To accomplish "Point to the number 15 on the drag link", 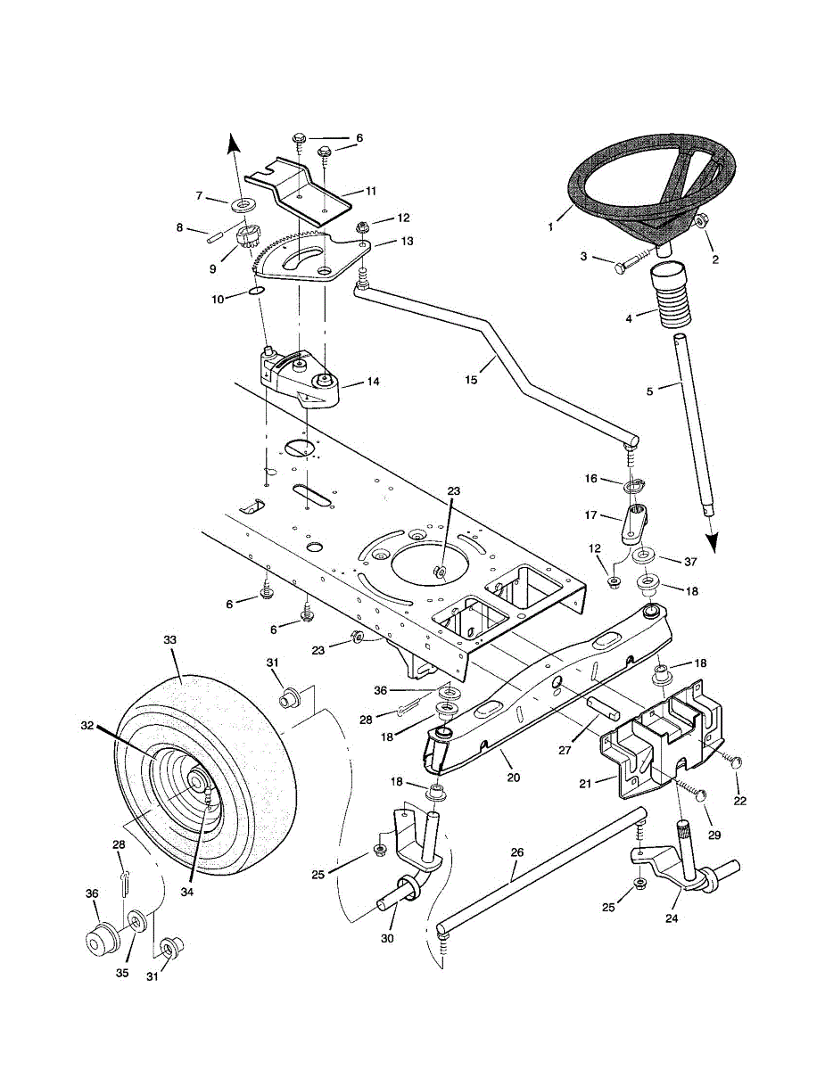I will point(472,380).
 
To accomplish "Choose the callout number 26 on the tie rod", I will point(516,852).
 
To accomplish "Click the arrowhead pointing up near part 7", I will point(233,143).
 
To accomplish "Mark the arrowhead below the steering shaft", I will point(714,542).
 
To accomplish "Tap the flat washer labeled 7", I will point(240,206).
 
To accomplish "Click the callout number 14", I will point(372,381).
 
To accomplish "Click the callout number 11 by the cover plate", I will point(371,191).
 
